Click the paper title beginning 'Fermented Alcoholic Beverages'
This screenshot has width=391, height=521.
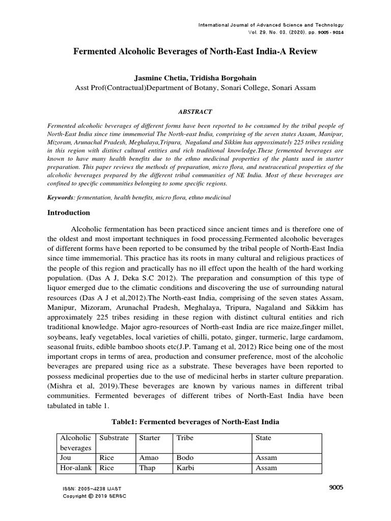[x=195, y=52]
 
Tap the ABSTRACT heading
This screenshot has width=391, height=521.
[x=195, y=111]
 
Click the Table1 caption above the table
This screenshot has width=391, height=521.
[x=195, y=422]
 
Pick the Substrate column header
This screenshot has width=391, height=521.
[x=114, y=438]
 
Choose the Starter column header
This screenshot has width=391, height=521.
[x=150, y=438]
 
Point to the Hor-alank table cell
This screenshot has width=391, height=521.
[x=75, y=468]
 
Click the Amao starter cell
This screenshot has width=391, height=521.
[x=149, y=458]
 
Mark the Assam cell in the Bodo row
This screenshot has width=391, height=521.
[x=266, y=458]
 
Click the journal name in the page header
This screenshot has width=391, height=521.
[x=271, y=25]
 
